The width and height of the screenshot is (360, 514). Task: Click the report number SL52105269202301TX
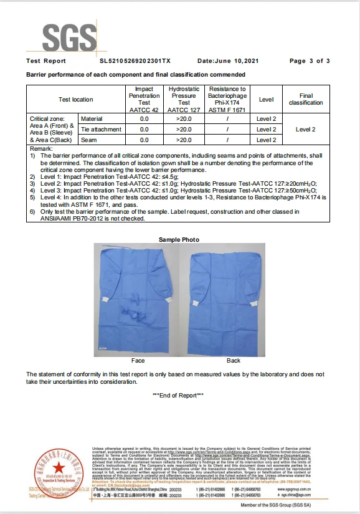135,61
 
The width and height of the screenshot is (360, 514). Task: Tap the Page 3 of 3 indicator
310,61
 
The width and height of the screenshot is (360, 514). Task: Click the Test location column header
75,100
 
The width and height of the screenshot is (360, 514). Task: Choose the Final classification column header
306,100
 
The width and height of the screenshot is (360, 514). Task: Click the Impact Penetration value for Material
144,118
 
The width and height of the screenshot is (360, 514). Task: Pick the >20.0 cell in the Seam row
184,140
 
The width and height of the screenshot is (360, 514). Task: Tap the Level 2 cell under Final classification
306,129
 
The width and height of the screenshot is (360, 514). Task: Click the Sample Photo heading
179,240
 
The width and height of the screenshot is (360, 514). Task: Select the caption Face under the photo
138,361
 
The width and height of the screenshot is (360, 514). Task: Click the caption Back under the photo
234,361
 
